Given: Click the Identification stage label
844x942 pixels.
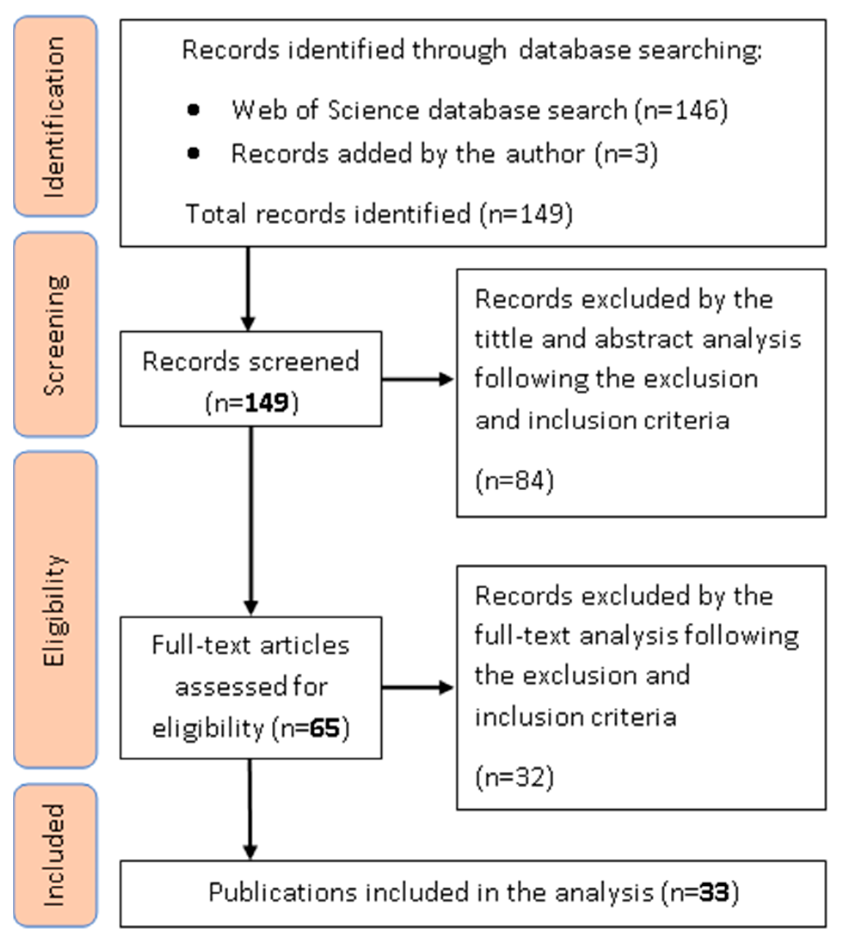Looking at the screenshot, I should pos(55,117).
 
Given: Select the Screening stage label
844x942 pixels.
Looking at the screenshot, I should pos(55,335).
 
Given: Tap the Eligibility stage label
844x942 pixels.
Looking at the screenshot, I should pos(55,610).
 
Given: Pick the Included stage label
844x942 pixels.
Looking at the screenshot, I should pos(55,856).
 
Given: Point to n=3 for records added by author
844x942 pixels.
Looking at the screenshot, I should pos(626,154).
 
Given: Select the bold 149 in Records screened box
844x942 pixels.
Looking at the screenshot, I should pos(267,402).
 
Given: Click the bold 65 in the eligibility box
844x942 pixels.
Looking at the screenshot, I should pos(325,728).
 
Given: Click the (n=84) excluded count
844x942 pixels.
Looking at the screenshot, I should pos(515,480).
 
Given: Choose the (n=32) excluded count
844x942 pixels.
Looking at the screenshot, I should pos(515,777).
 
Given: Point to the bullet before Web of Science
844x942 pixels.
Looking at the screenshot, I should pos(193,110).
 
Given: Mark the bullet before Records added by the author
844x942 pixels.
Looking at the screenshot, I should pos(193,153).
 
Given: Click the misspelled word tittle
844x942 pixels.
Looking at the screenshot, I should pos(503,339).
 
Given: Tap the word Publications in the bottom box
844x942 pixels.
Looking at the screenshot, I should pos(283,893).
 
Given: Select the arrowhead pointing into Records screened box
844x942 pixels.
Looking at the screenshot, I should pos(248,323).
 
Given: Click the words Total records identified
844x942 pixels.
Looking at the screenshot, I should pos(327,214).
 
